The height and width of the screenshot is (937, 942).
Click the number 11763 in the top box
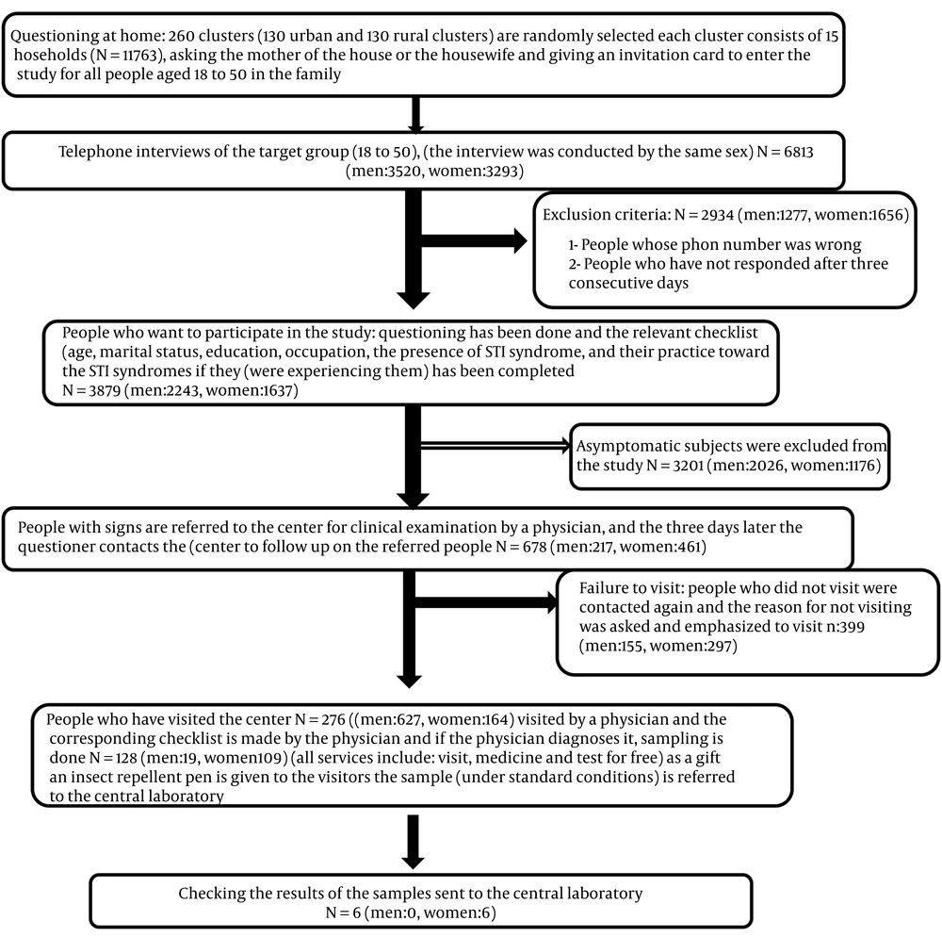[136, 56]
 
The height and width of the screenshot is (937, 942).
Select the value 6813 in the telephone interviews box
[799, 152]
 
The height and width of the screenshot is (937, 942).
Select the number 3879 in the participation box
[105, 390]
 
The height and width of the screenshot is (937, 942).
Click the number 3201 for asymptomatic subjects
[688, 466]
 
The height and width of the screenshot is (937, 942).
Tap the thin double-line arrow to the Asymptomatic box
[495, 445]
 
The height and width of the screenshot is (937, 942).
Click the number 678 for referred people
[535, 547]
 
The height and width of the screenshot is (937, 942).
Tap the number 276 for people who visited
[334, 720]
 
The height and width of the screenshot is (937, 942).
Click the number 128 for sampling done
[126, 759]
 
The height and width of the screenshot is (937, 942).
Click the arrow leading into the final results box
[413, 842]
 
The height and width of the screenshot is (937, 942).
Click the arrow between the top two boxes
[415, 114]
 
